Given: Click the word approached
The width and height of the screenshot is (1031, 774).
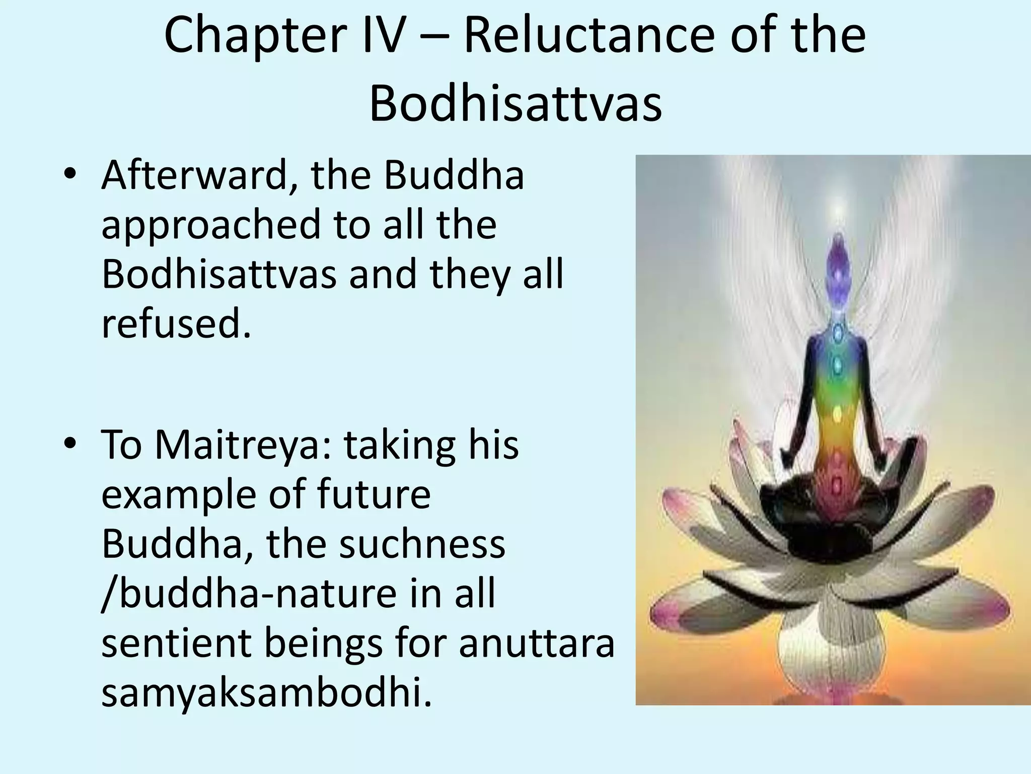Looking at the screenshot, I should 211,225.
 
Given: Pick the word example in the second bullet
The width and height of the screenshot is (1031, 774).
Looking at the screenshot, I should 180,495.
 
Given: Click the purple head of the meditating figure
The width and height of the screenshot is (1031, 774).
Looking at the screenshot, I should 837,257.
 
